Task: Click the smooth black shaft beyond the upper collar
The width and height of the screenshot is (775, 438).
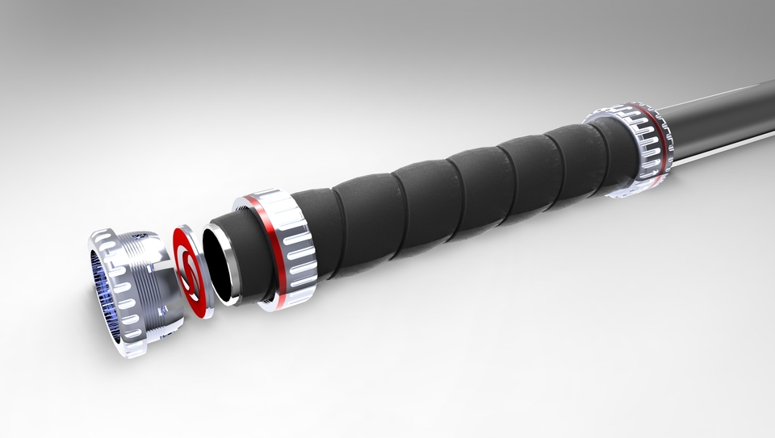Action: [x=718, y=121]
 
